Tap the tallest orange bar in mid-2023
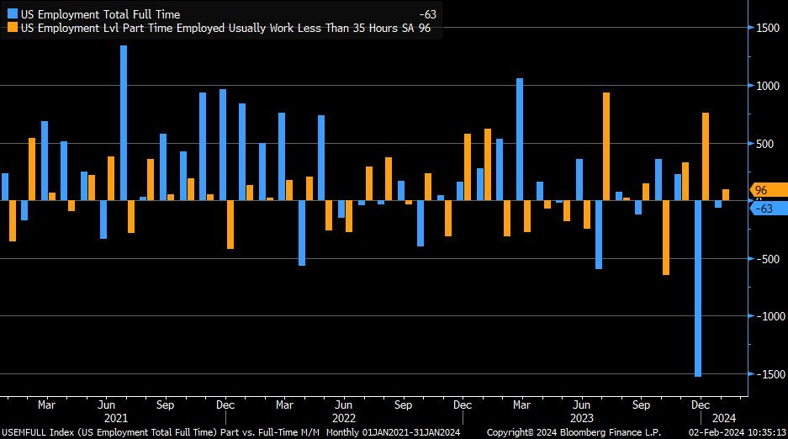(x=606, y=146)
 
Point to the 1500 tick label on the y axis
(x=768, y=28)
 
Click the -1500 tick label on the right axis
(x=766, y=374)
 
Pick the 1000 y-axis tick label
(x=768, y=86)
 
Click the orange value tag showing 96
(x=762, y=191)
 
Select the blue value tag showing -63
(x=764, y=209)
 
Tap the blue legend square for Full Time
(x=13, y=14)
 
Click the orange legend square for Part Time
(x=13, y=27)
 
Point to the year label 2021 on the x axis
(x=115, y=417)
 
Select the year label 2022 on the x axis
(x=344, y=417)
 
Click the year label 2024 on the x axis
(x=724, y=417)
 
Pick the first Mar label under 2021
(x=46, y=405)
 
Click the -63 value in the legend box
(x=427, y=14)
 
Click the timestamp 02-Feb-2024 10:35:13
(x=736, y=431)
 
